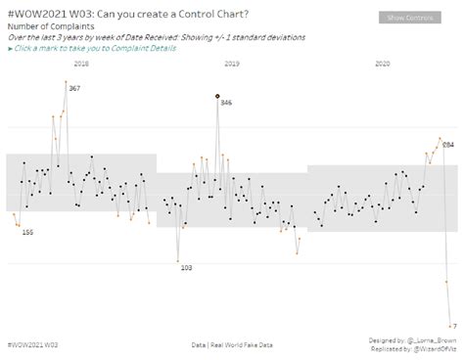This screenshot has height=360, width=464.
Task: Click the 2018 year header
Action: coord(81,64)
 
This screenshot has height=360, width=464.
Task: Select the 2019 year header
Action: coord(232,64)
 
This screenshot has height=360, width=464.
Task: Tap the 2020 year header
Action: coord(383,64)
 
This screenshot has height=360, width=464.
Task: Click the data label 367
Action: coord(74,88)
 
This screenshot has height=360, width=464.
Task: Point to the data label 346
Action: coord(226,103)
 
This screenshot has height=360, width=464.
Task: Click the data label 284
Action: coord(448,144)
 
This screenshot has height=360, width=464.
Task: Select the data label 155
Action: coord(27,232)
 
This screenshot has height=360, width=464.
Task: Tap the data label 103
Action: coord(186,267)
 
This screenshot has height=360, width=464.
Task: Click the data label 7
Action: coord(455,326)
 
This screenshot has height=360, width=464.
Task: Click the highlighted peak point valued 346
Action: coord(217,96)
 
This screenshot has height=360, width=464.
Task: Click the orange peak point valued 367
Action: coord(66,84)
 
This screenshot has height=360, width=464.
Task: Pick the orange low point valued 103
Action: coord(178,260)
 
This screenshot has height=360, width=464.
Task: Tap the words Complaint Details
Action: coord(148,47)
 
